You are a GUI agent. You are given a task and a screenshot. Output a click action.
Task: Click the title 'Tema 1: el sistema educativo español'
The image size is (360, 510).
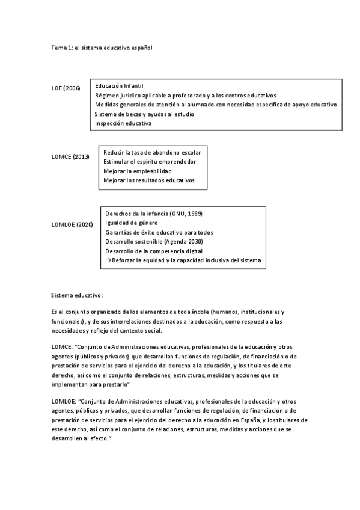[x=102, y=47]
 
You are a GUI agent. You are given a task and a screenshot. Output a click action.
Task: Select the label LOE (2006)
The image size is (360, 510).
[x=66, y=88]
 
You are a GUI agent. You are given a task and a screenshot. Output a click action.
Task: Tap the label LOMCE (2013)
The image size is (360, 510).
[x=70, y=157]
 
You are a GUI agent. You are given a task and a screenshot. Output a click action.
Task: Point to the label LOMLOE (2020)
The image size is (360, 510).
[x=72, y=224]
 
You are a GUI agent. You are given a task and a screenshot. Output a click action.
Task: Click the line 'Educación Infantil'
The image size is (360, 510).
[x=119, y=86]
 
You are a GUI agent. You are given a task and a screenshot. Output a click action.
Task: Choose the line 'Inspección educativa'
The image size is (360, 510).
[x=123, y=123]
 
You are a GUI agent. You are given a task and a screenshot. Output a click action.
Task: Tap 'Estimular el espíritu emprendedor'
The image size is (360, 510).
[x=150, y=161]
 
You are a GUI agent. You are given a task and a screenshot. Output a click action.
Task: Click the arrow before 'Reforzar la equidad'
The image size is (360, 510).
[x=108, y=260]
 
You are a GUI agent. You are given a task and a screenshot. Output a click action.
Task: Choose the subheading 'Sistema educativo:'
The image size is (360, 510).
[x=77, y=295]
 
